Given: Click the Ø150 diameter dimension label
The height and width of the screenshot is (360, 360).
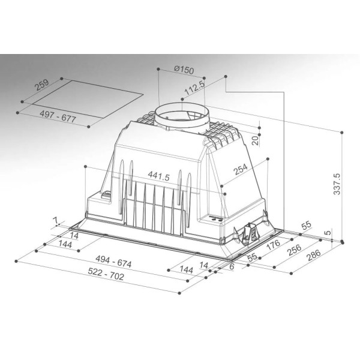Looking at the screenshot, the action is coord(184,70).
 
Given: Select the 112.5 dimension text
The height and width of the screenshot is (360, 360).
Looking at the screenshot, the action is coord(194,88).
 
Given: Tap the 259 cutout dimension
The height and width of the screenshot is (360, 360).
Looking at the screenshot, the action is coord(41,85).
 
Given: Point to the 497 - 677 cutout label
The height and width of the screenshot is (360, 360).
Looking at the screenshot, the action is coord(58,116).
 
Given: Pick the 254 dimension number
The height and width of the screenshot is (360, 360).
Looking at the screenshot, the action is coord(241,169).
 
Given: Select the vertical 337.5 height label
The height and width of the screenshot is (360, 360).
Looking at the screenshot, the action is coord(337,184).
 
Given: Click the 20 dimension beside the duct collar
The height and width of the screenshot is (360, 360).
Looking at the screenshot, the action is coord(255,140).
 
